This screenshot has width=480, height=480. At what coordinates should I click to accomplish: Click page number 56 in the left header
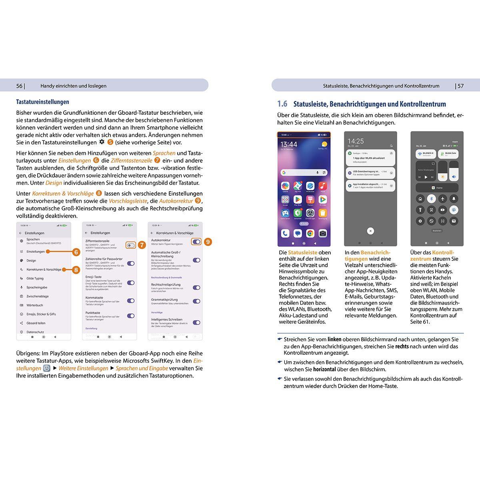coord(19,86)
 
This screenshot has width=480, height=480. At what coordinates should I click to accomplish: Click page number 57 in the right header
coord(460,86)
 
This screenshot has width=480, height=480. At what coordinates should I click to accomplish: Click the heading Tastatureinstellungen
coord(42,102)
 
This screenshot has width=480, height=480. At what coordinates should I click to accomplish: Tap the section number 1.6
coord(282,104)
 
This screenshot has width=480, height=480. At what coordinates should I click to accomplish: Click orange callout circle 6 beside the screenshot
coord(76,252)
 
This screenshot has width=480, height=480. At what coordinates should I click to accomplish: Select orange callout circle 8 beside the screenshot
coord(76,270)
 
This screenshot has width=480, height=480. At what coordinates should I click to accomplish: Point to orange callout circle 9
coord(208,242)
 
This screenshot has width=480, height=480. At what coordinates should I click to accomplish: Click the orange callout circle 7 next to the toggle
coord(142,245)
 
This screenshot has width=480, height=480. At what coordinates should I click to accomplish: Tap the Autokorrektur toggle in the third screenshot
coord(196,242)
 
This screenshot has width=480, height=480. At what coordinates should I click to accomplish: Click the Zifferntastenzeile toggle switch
coord(130,245)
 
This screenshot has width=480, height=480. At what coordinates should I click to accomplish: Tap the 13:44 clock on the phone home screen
coord(289,144)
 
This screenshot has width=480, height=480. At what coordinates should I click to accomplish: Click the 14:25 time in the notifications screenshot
coord(355,141)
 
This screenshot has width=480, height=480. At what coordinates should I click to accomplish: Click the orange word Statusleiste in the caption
coord(303,252)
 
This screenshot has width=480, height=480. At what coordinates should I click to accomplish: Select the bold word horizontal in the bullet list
coord(325,370)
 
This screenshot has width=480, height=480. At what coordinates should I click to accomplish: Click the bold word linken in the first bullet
coord(334,339)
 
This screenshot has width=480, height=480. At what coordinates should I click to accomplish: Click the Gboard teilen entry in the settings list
coord(36,323)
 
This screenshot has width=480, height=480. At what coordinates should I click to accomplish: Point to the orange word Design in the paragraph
coord(54,183)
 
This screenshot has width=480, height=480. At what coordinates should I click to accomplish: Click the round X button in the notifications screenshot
coord(370,231)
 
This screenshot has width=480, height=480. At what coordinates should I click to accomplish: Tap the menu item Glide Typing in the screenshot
coord(35,278)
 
